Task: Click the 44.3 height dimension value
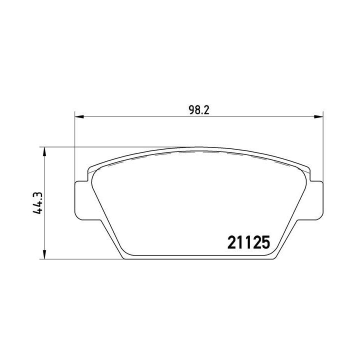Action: (x=36, y=204)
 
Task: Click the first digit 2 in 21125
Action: (x=232, y=242)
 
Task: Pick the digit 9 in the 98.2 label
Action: (x=192, y=111)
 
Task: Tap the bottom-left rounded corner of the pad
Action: (x=124, y=256)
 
